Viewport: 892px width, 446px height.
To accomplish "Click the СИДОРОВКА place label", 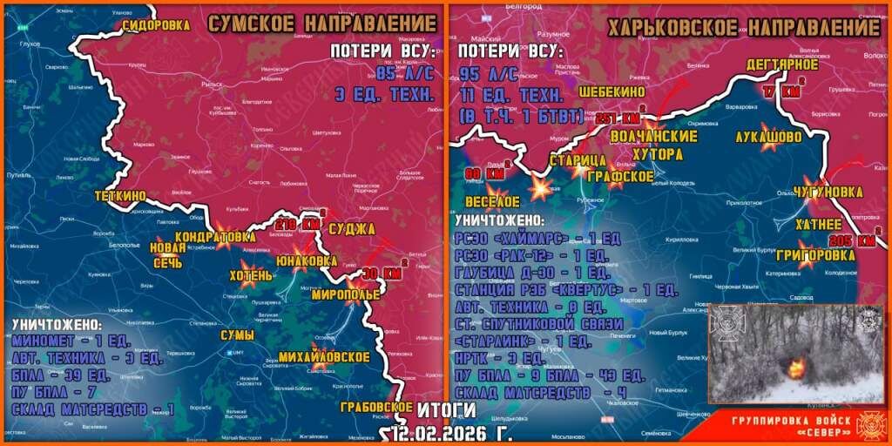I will pyautogui.click(x=156, y=25).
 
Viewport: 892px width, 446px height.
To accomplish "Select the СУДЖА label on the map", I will pyautogui.click(x=352, y=228).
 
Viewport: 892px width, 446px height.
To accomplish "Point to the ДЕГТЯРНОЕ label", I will pyautogui.click(x=781, y=64).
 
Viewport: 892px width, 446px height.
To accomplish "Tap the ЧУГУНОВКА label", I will pyautogui.click(x=828, y=193).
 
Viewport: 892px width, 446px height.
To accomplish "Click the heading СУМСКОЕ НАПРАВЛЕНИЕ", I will pyautogui.click(x=321, y=24).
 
